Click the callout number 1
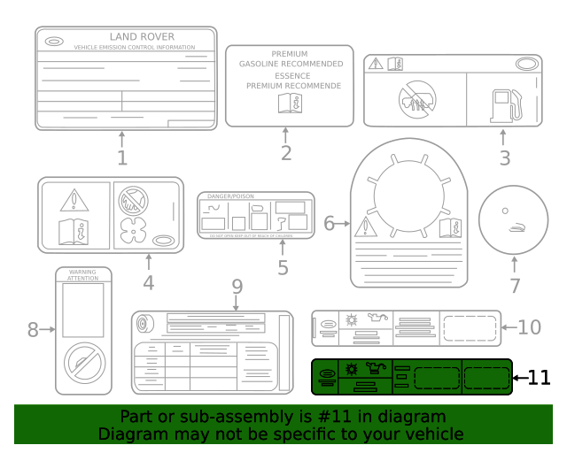[x=122, y=159]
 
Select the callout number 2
[x=285, y=153]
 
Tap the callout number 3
[x=504, y=159]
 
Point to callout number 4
[x=148, y=283]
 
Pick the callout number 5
[x=282, y=267]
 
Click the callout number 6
[x=329, y=224]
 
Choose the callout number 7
[x=516, y=286]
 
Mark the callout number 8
[x=34, y=330]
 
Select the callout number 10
[x=529, y=327]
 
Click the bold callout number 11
[x=539, y=378]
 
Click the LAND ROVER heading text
[x=142, y=37]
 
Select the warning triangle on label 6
[x=365, y=229]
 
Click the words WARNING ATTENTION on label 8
[x=82, y=275]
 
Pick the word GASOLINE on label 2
[x=266, y=65]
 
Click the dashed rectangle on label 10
[x=470, y=326]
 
